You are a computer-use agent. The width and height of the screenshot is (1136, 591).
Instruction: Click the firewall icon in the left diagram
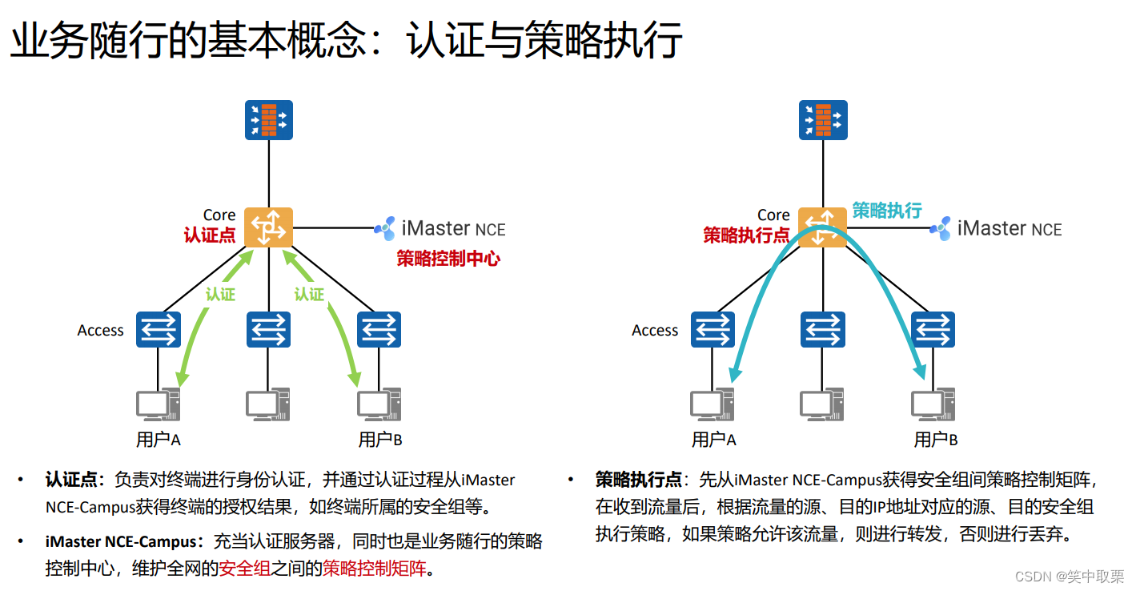click(x=268, y=120)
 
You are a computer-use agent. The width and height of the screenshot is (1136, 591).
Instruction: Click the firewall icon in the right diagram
click(x=823, y=120)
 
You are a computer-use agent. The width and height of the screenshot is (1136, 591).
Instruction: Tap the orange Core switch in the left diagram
click(x=268, y=227)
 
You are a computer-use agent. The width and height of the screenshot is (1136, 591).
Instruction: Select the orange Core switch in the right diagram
click(x=823, y=227)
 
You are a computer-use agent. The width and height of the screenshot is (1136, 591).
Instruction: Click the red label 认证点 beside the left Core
click(x=209, y=235)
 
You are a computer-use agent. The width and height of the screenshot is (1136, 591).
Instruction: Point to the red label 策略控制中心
click(x=448, y=259)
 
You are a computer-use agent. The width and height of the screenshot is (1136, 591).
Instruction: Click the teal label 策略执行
click(x=887, y=211)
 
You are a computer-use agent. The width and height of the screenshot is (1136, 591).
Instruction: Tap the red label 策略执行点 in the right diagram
click(x=746, y=235)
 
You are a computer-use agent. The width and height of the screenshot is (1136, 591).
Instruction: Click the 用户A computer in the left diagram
click(x=157, y=404)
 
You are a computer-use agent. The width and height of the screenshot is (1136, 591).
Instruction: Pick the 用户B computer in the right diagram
click(x=933, y=404)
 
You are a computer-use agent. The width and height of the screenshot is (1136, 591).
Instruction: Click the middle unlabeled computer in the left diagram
click(x=268, y=404)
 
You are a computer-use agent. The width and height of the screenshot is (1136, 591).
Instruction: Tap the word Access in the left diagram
click(x=100, y=330)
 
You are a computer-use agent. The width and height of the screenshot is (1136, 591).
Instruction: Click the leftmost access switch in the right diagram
click(x=713, y=329)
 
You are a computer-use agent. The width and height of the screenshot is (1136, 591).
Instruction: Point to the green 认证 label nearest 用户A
click(x=220, y=294)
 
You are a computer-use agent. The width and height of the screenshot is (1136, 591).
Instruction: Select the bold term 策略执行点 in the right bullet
click(x=638, y=479)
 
